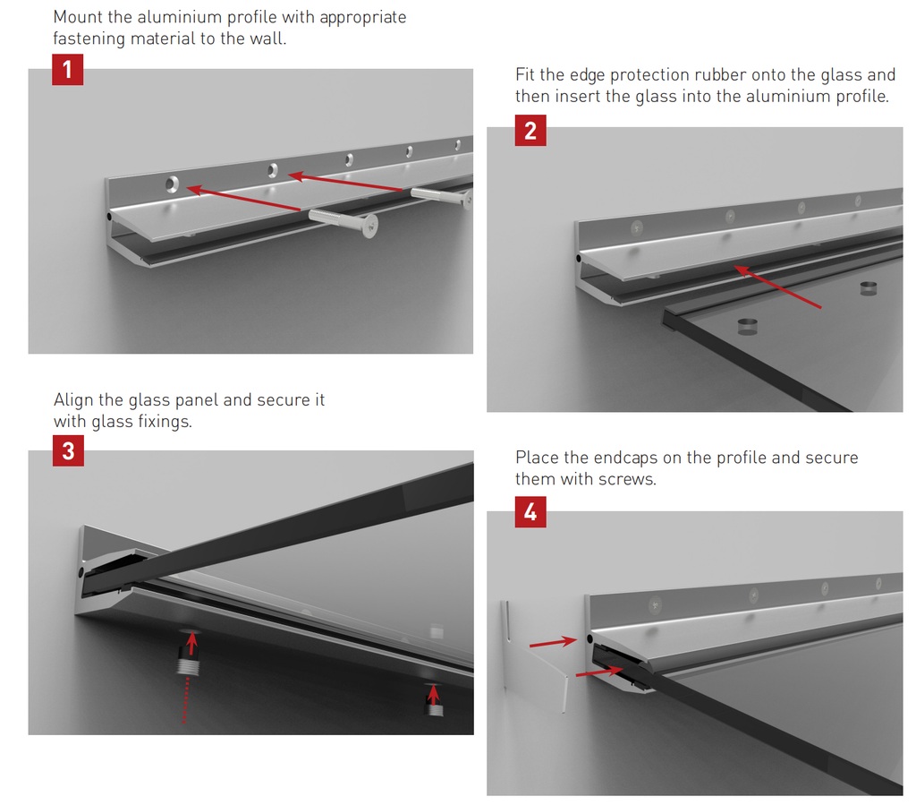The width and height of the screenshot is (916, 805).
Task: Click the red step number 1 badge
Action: click(x=68, y=70)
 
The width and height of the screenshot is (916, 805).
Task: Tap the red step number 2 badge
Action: click(x=530, y=131)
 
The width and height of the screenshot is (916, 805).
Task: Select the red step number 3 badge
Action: click(x=68, y=450)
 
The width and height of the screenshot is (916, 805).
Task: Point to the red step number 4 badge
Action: click(x=530, y=512)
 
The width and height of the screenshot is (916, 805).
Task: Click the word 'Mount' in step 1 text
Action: click(x=78, y=17)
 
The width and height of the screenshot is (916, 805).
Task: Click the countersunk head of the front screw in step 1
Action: click(x=369, y=226)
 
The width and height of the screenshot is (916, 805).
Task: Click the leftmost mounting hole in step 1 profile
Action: click(x=172, y=184)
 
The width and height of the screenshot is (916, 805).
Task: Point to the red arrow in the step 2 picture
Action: click(x=777, y=287)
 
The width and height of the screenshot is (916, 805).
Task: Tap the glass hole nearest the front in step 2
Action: click(x=747, y=326)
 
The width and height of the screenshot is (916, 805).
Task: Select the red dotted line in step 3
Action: click(x=186, y=700)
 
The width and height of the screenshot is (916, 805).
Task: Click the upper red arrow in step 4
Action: click(x=553, y=643)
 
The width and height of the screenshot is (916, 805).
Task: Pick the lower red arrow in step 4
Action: click(x=598, y=672)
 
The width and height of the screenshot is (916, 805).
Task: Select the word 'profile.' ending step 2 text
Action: click(x=862, y=97)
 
